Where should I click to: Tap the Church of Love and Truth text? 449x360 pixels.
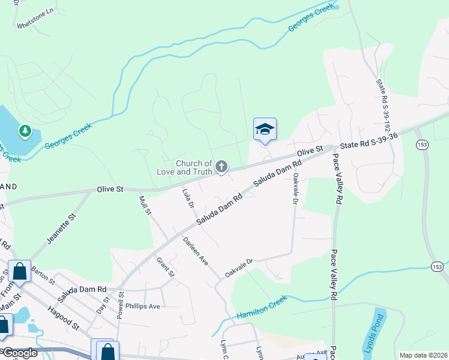click(x=193, y=167)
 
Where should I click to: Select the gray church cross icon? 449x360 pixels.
click(x=221, y=166)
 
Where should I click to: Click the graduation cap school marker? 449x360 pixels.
click(x=265, y=130)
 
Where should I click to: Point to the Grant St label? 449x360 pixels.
click(x=164, y=267)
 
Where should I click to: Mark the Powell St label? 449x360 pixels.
click(x=121, y=305)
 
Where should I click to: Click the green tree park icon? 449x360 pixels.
click(x=25, y=130)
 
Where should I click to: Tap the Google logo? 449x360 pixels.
click(x=19, y=353)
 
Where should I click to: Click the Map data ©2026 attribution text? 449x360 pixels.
click(x=423, y=355)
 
